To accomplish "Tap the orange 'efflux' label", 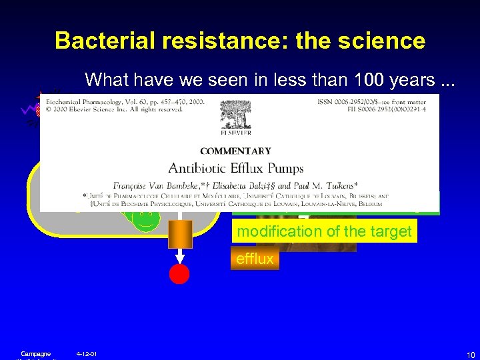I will point(255,259).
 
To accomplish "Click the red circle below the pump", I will point(179,273).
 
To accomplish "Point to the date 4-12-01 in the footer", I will point(87,353).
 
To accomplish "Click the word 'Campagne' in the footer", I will point(35,353).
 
